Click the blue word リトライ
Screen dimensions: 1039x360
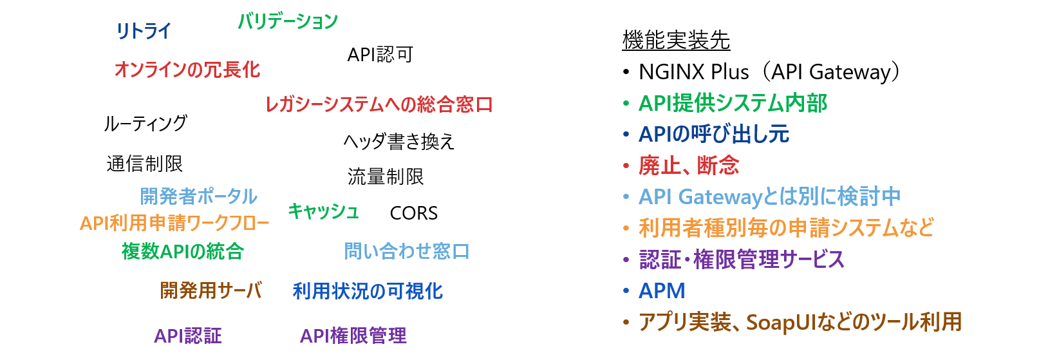144,31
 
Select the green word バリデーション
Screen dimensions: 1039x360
288,21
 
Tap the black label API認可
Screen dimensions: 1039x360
380,55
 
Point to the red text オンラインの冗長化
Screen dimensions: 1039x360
187,70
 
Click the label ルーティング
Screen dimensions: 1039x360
145,124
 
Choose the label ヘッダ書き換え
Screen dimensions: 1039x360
398,142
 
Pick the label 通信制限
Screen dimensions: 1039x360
145,164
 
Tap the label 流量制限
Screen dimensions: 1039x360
386,176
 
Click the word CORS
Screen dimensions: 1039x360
414,213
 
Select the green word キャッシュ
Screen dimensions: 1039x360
324,211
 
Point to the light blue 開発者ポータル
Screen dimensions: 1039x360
198,196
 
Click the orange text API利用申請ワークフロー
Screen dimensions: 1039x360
174,223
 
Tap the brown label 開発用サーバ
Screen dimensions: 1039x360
211,291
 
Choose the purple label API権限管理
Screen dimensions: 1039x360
353,336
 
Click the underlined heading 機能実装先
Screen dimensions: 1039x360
677,40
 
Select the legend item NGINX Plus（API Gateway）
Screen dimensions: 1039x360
769,72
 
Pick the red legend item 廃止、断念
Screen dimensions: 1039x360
689,166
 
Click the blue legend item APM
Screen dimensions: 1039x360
662,291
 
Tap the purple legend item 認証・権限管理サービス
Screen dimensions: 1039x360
742,260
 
